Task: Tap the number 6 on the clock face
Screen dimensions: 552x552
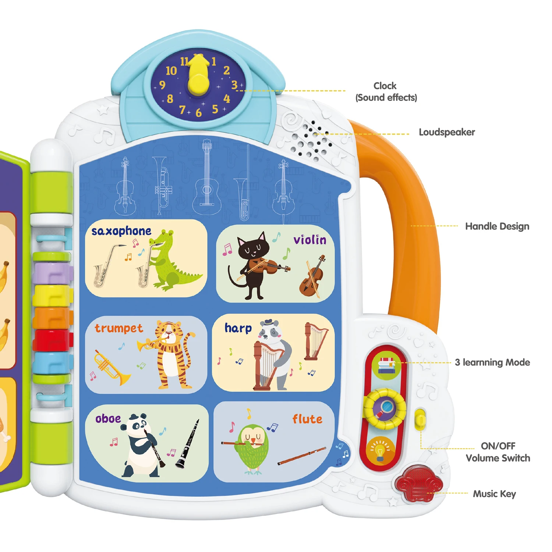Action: point(199,113)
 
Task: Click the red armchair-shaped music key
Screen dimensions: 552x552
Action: point(418,483)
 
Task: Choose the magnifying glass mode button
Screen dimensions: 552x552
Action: point(385,408)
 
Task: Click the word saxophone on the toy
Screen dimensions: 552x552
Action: point(121,231)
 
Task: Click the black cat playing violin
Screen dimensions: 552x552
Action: point(254,265)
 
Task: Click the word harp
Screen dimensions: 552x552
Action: point(238,328)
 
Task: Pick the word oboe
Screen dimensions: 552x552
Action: point(108,419)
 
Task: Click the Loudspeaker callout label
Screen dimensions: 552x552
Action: point(447,132)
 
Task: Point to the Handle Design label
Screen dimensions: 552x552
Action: point(497,226)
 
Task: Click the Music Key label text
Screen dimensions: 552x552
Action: point(494,494)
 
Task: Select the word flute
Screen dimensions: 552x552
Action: point(307,419)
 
